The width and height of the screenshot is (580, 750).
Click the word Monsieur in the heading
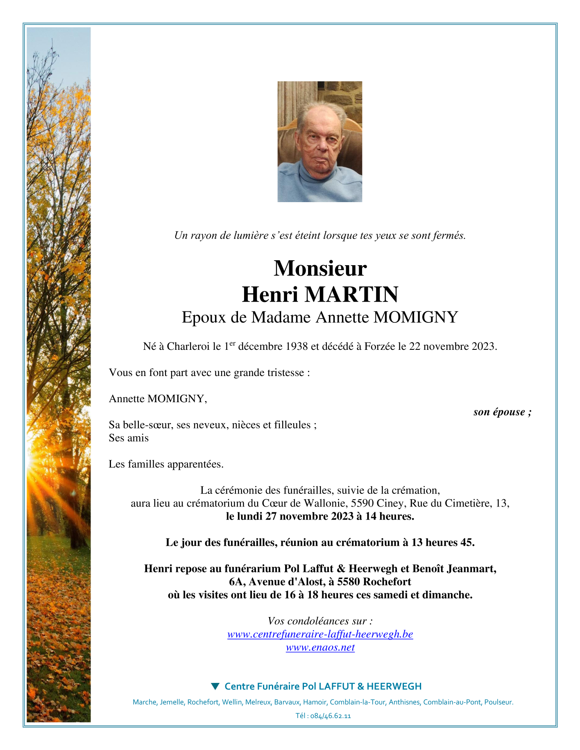320,269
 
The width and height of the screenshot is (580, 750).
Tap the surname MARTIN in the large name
351,295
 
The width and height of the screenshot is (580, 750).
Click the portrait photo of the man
319,141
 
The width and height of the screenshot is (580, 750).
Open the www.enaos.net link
320,647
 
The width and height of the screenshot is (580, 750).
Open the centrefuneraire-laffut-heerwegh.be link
320,634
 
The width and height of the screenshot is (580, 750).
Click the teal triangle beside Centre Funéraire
215,686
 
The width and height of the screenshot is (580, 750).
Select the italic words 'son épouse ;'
502,412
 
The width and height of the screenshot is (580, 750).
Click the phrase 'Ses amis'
129,438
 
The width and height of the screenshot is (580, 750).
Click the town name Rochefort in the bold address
387,582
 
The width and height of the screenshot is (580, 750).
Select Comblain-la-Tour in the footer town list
358,702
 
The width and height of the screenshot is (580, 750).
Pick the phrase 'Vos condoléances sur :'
320,621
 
